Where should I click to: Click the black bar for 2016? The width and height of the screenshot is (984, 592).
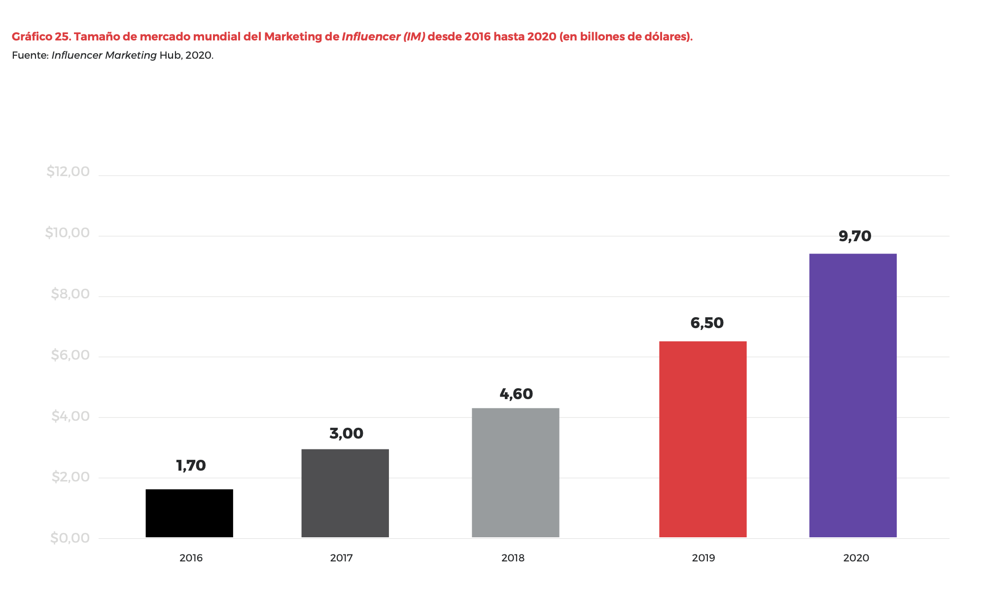(189, 513)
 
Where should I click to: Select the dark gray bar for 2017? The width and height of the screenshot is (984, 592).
(345, 493)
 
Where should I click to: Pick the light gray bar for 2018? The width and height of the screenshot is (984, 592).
(515, 473)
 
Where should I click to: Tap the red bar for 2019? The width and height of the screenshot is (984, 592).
(703, 439)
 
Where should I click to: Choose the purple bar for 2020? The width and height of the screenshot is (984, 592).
(853, 395)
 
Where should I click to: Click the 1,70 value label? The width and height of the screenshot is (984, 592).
(191, 465)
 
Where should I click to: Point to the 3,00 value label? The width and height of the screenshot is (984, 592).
(346, 433)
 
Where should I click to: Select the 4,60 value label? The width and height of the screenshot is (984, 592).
(516, 394)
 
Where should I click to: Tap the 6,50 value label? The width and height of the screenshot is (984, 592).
(707, 323)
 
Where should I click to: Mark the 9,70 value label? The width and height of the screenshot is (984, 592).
(855, 236)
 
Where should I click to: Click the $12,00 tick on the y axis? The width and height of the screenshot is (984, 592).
(68, 171)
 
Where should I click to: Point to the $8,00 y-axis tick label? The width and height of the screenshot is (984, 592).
(70, 294)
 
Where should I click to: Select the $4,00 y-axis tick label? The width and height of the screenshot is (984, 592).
(70, 416)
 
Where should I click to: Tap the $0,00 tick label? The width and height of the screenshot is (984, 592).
(70, 538)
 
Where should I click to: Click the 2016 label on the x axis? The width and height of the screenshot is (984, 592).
(191, 558)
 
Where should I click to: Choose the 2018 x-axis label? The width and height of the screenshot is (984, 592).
(513, 558)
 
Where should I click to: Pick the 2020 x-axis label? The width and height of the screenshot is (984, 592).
(856, 558)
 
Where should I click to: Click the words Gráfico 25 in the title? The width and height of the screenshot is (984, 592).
(41, 37)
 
